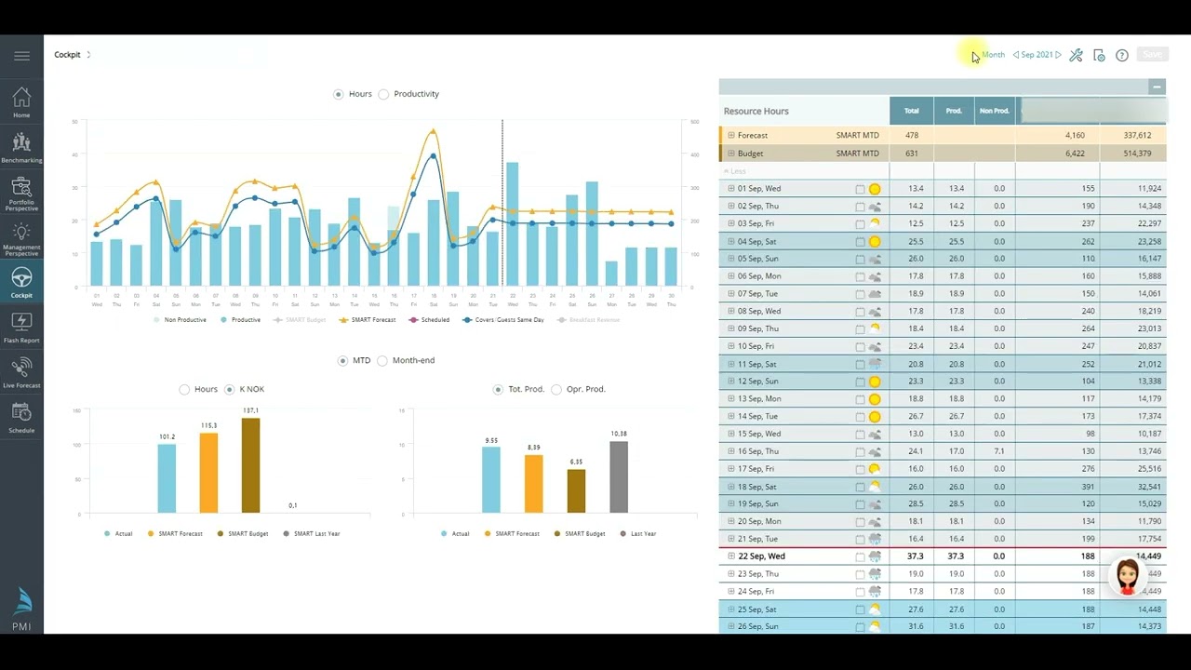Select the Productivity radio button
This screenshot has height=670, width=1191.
point(383,94)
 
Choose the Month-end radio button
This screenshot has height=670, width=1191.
point(382,361)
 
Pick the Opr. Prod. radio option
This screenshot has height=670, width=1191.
point(556,389)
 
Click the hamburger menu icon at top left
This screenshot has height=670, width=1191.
point(21,56)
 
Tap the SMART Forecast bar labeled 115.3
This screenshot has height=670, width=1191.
point(208,472)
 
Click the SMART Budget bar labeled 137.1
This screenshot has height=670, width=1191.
point(250,465)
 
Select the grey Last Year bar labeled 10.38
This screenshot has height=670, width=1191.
point(619,476)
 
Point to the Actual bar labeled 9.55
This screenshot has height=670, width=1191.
point(490,479)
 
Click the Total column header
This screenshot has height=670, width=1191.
point(912,111)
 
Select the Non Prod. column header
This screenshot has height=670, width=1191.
point(994,111)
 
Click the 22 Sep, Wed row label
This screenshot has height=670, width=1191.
point(761,556)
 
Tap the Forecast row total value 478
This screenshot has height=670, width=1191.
point(912,136)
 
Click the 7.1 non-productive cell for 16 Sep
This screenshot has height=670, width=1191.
point(998,451)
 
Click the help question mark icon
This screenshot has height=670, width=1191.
point(1122,56)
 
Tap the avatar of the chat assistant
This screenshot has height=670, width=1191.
point(1127,577)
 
